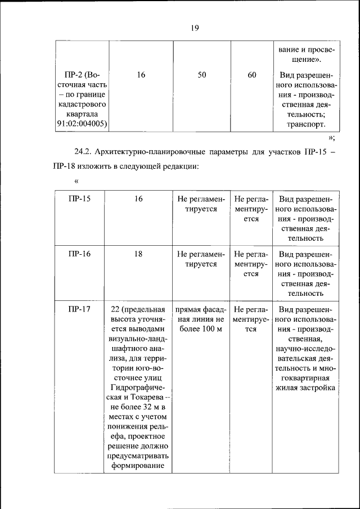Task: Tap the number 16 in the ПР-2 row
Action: (141, 75)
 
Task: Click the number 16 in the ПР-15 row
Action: (138, 199)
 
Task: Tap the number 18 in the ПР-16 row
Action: (138, 254)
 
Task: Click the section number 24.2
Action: (84, 152)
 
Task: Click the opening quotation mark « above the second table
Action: (76, 181)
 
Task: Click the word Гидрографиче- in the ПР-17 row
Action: (138, 388)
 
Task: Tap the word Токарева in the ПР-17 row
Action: (148, 397)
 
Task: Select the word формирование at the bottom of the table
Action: (138, 466)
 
